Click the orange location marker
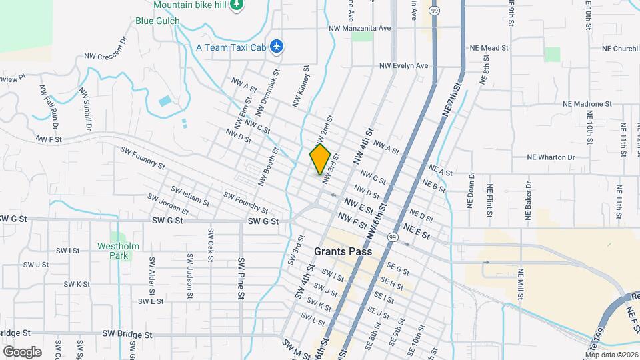coord(321,159)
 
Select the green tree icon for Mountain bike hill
coord(236,5)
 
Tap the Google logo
coord(22,351)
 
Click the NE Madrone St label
coord(587,104)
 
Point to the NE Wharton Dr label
coord(551,157)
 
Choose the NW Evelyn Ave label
coord(403,66)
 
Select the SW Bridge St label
coord(127,333)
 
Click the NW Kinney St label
coord(301,85)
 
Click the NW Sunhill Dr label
coord(86,109)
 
